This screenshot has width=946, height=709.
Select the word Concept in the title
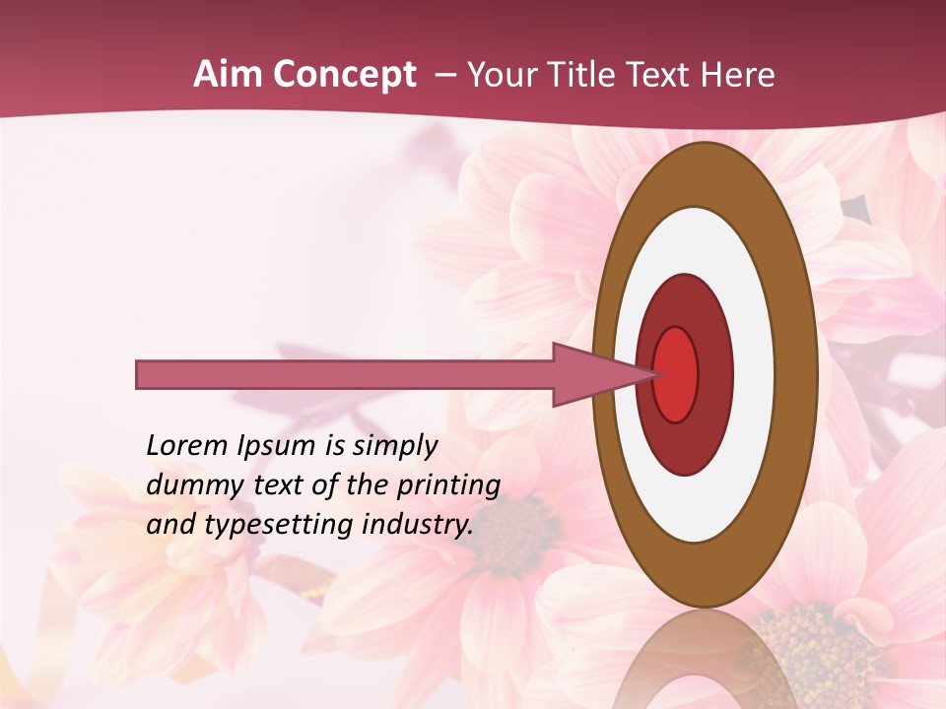click(345, 75)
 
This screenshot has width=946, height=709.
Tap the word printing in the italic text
click(447, 484)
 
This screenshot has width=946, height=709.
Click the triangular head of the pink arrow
click(601, 375)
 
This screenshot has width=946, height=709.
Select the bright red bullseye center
click(676, 374)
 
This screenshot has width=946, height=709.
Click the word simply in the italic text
click(394, 445)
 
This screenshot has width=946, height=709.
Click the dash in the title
click(445, 75)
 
